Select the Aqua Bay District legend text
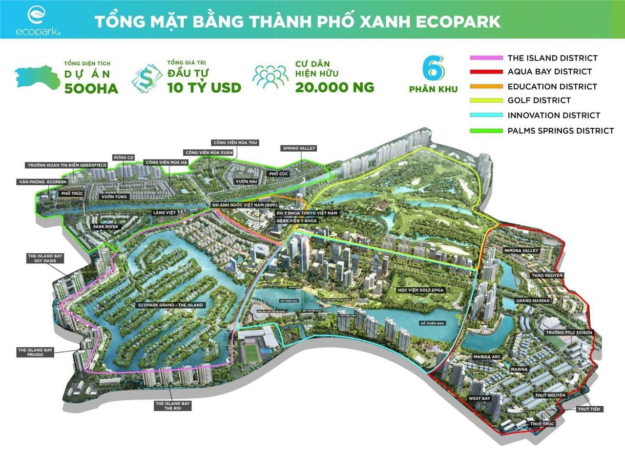549,72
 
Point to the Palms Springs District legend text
561,130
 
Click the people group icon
271,78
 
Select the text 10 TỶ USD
204,88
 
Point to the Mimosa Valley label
521,250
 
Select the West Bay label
479,398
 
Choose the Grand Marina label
533,300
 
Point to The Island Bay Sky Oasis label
45,258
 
